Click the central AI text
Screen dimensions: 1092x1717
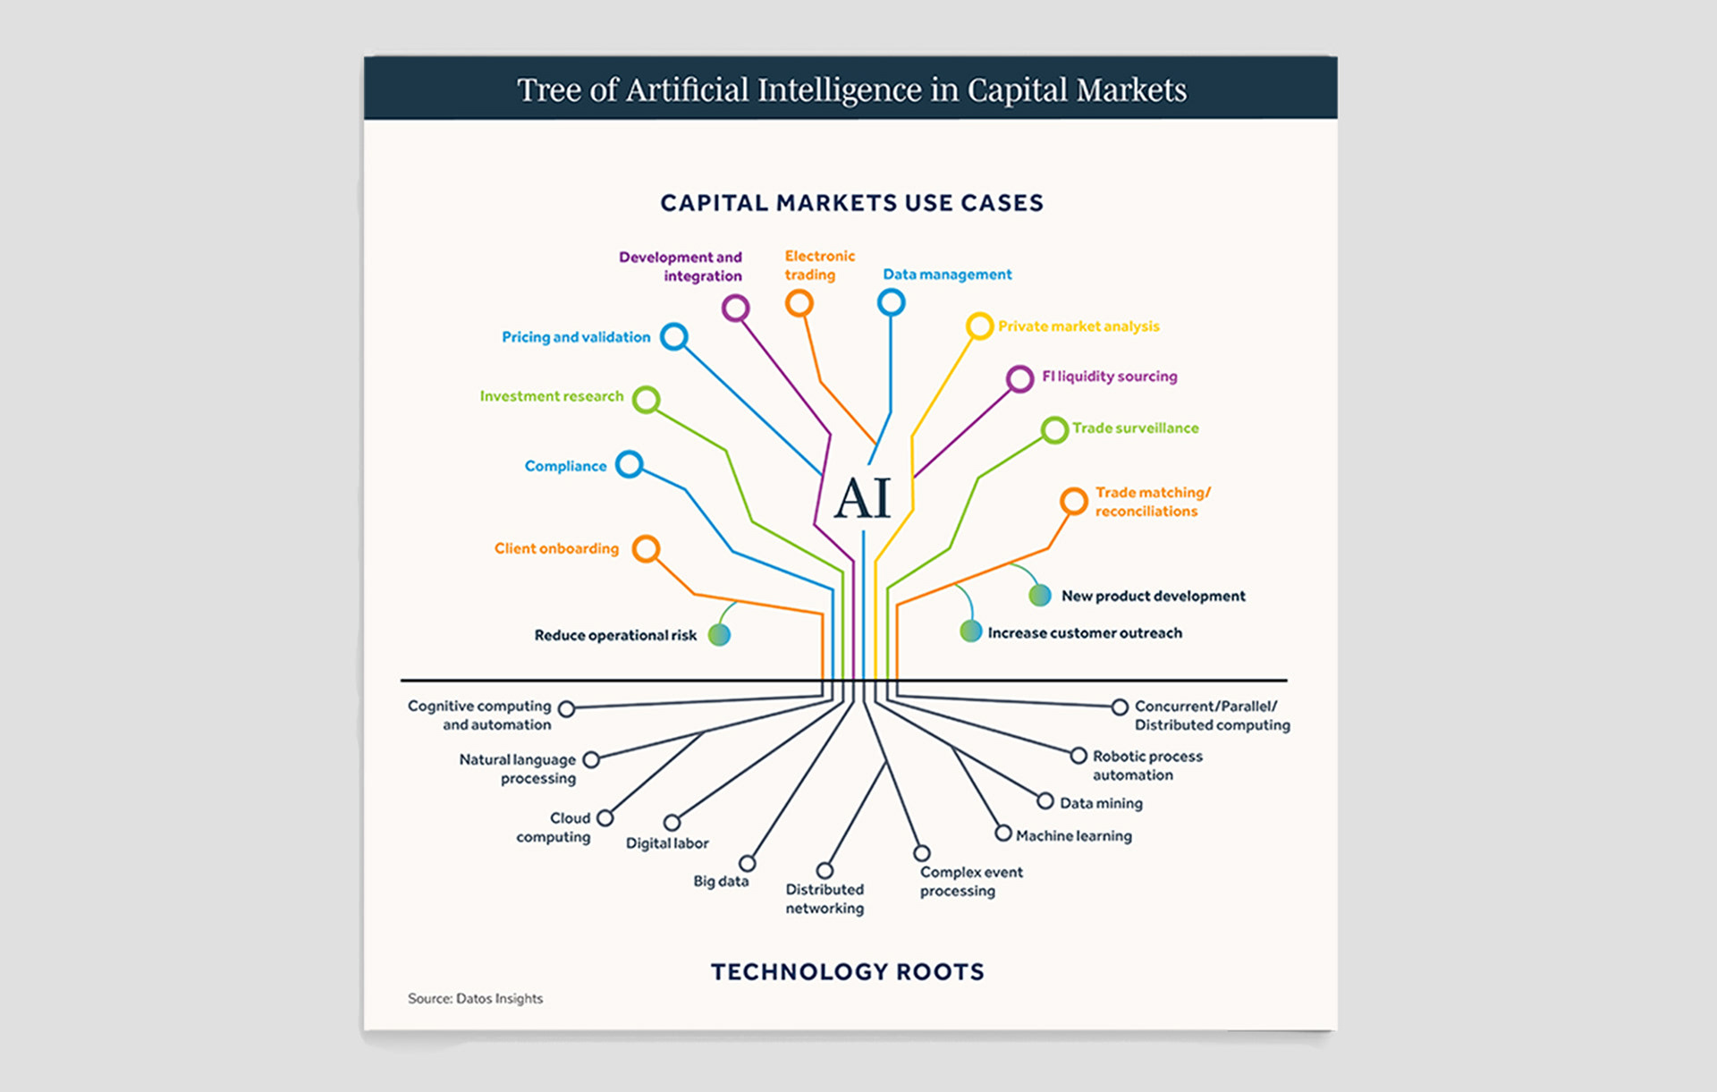click(863, 498)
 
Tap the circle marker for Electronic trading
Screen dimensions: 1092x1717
click(799, 304)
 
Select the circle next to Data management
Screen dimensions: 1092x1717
click(891, 303)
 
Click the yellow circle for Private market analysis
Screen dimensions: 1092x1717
click(979, 326)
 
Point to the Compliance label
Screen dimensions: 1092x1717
click(565, 466)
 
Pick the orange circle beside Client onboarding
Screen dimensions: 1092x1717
click(646, 548)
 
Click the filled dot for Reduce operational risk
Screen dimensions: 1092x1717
click(719, 635)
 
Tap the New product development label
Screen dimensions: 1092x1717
click(1153, 596)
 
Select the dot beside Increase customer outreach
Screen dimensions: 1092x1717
click(970, 631)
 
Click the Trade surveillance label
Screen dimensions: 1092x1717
click(1136, 428)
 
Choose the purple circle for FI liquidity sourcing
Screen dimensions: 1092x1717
click(1019, 378)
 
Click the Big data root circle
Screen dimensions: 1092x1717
click(748, 863)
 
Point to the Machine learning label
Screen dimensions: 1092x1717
click(1073, 836)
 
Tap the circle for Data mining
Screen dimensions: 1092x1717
click(1045, 800)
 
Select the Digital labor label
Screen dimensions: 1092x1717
click(667, 843)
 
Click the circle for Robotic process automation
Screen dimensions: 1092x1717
click(1078, 756)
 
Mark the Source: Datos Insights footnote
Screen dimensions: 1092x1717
click(475, 998)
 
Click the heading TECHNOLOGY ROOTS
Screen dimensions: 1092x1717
click(847, 972)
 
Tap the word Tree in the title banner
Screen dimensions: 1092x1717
click(549, 90)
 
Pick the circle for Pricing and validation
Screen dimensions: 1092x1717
click(673, 337)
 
